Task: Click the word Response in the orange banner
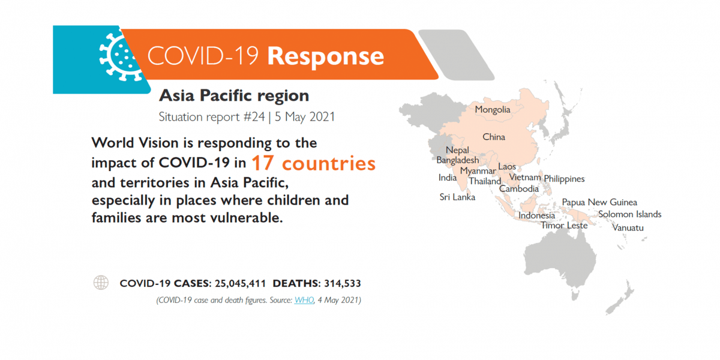pos(326,57)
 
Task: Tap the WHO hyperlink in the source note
pos(304,300)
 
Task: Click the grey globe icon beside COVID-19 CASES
pos(101,283)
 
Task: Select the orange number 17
pos(263,163)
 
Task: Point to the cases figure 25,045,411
pos(240,283)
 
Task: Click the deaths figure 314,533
pos(343,283)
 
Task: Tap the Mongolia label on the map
pos(493,110)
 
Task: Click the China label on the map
pos(494,137)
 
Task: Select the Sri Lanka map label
pos(457,197)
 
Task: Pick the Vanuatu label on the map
pos(628,228)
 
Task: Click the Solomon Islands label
pos(629,214)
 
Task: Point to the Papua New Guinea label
pos(599,202)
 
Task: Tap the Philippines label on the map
pos(564,179)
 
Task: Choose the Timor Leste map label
pos(564,226)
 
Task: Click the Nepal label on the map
pos(457,151)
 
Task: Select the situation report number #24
pos(254,116)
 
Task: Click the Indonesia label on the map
pos(536,215)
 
